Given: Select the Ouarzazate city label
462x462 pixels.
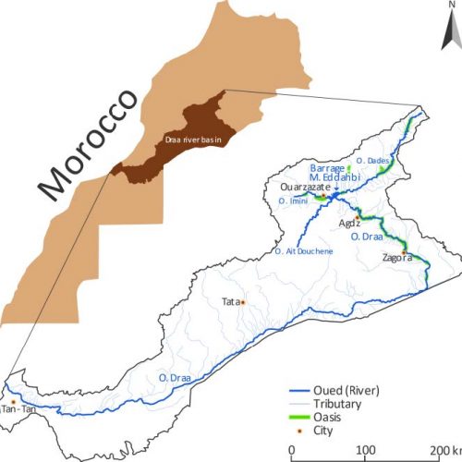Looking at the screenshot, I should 304,186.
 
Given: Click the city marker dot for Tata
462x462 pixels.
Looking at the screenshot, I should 243,301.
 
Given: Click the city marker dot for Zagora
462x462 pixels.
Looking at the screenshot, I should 403,252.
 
